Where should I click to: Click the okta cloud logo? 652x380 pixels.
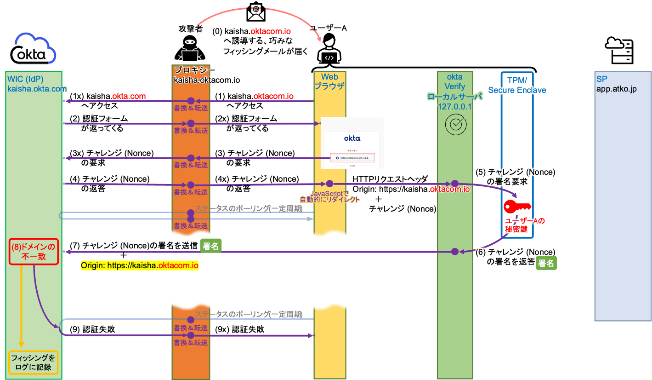pos(35,49)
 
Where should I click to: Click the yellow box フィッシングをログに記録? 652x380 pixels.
pos(34,363)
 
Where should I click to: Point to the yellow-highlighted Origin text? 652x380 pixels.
pos(139,266)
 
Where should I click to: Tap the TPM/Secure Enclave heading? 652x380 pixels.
pos(517,86)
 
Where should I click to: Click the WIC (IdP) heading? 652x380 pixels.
pos(34,84)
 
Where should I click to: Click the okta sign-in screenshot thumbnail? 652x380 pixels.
pos(352,143)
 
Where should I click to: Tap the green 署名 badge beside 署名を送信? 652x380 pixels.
pos(211,246)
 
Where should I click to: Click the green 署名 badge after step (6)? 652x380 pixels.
pos(546,263)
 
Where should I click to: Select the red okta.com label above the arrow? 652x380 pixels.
pos(129,96)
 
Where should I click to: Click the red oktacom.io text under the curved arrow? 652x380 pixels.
pos(271,32)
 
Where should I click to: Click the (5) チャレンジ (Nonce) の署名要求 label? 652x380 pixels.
pos(515,177)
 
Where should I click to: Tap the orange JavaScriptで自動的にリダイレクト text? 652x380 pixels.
pos(329,196)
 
